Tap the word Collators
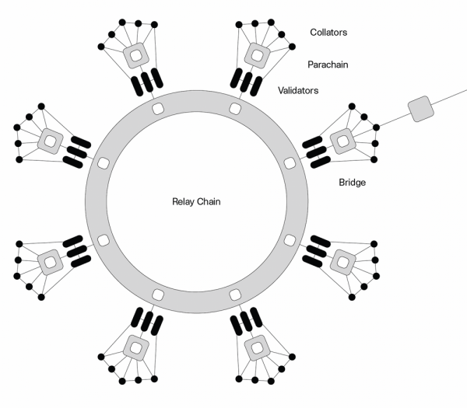[x=329, y=33]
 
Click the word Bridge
[x=353, y=183]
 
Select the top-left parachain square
[x=135, y=55]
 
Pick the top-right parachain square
[x=255, y=55]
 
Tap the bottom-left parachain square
[x=135, y=345]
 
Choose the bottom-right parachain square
[x=255, y=345]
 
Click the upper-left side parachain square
[x=49, y=141]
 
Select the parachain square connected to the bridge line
[x=341, y=141]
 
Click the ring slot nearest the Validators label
[x=235, y=106]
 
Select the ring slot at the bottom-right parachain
[x=235, y=295]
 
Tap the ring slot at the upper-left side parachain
[x=101, y=162]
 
